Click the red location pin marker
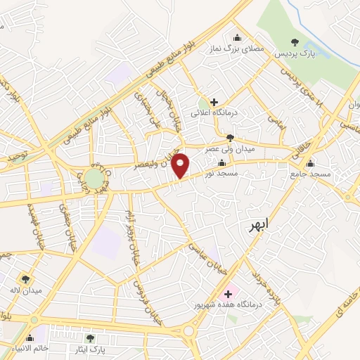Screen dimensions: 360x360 click(x=181, y=165)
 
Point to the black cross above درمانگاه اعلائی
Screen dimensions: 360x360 click(x=214, y=102)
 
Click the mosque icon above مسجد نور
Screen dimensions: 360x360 click(x=221, y=162)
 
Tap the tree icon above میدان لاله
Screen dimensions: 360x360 click(x=25, y=279)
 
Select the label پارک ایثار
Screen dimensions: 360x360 click(x=89, y=348)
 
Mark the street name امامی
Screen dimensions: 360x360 click(x=274, y=120)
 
